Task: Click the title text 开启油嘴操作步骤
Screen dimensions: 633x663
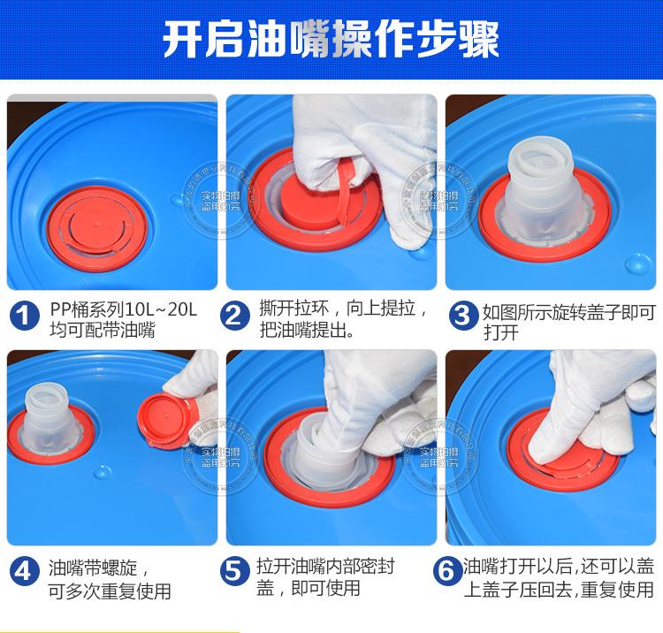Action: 331,40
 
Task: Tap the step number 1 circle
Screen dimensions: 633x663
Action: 25,316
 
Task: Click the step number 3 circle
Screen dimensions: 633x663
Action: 462,316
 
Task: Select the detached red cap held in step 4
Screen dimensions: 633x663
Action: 166,415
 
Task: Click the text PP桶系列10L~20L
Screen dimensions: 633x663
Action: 123,310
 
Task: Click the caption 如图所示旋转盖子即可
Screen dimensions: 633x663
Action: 568,312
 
